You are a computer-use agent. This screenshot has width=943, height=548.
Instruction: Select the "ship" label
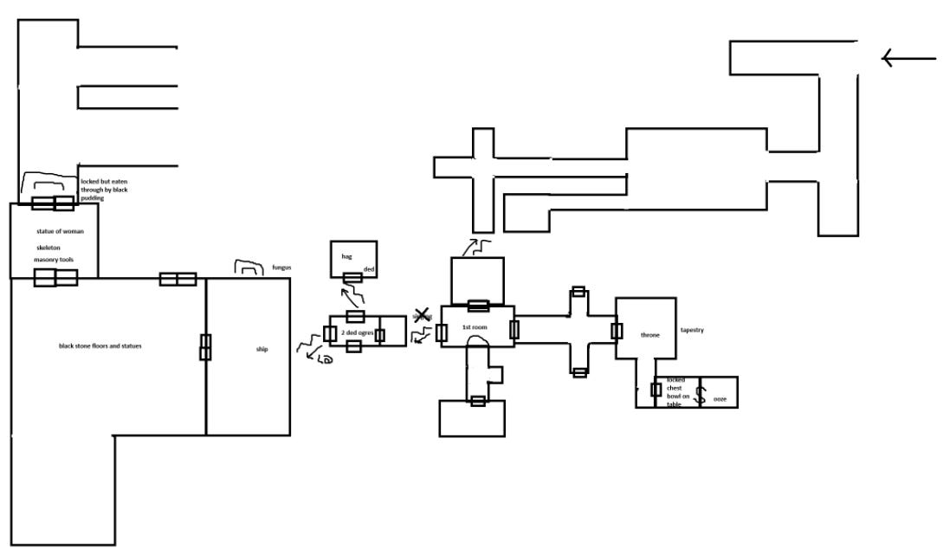pos(262,350)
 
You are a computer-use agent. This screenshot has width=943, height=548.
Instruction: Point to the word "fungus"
pos(281,268)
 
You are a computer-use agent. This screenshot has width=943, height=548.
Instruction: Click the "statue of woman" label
pos(55,231)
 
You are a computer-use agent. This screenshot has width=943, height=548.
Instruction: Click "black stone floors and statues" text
pos(94,346)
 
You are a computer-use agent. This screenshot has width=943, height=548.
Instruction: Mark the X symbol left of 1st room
pos(423,315)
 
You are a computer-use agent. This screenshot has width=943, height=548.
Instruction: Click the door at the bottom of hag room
pos(353,278)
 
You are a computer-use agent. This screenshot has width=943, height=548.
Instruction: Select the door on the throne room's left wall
pos(617,331)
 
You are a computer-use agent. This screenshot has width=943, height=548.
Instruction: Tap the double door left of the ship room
pos(206,346)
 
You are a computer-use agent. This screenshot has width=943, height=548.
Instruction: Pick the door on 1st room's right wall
pos(514,329)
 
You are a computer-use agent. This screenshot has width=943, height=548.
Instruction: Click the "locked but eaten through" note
pos(104,190)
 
